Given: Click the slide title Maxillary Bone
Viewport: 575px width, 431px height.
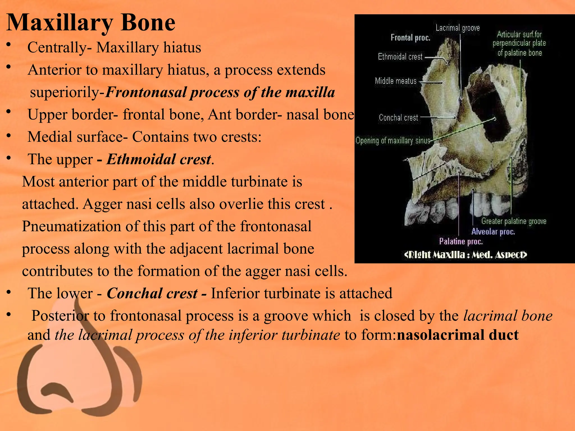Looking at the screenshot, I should (91, 22).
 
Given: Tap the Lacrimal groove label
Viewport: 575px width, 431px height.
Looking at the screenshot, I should (458, 28).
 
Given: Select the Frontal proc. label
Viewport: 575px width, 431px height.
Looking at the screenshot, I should (410, 38).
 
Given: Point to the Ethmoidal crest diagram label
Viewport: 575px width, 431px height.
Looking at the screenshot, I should (400, 57).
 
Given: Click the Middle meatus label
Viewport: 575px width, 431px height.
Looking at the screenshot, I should (396, 81).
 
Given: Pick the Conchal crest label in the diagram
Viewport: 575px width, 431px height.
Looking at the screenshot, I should (398, 118).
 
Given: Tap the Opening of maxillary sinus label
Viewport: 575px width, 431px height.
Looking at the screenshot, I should (393, 140).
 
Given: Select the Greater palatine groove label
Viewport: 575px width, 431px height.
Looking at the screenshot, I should (514, 221).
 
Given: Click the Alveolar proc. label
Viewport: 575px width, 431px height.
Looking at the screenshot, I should (493, 232).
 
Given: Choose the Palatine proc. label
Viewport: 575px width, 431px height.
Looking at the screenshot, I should (461, 242).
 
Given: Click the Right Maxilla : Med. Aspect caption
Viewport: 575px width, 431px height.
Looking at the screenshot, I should (466, 255).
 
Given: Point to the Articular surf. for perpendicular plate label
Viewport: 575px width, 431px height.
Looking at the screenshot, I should (519, 43).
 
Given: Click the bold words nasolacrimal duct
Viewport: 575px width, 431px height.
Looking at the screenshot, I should (458, 335).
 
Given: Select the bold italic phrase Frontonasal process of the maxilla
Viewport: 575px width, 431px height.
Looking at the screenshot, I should (220, 92).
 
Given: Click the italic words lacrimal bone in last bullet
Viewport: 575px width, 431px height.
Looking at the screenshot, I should (508, 316).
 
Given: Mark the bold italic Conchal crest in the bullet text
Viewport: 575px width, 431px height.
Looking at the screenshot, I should (152, 294).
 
